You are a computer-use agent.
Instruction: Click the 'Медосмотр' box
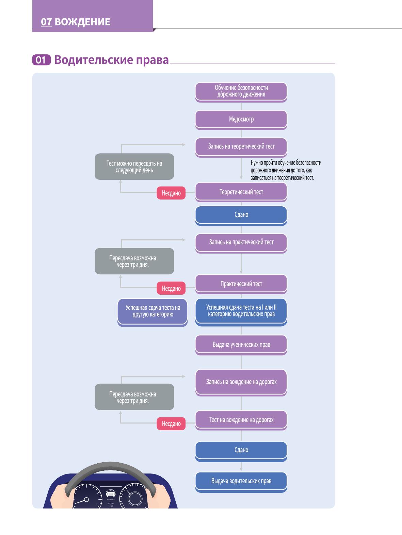[241, 120]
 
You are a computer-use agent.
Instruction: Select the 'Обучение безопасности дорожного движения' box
[241, 92]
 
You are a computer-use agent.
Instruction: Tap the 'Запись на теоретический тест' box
[241, 147]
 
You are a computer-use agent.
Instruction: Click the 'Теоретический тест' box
[241, 192]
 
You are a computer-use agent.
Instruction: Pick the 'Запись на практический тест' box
[241, 243]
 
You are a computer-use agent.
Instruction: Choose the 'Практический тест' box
[241, 284]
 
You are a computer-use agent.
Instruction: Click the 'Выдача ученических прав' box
[241, 345]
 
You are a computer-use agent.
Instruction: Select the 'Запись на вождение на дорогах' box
[241, 383]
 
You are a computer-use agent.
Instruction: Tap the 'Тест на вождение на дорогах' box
[241, 420]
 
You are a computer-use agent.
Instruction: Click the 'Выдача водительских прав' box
[241, 482]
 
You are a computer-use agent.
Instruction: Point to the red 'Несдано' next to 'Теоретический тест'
[171, 193]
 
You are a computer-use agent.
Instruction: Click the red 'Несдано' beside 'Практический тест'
[171, 288]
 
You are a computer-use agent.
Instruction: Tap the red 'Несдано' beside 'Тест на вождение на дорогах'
[171, 424]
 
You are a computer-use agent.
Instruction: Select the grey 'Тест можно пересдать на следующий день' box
[134, 167]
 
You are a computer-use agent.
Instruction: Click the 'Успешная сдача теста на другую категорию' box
[152, 312]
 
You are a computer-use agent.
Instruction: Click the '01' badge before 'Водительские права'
[41, 60]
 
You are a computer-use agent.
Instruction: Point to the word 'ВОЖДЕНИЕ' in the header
[82, 22]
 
